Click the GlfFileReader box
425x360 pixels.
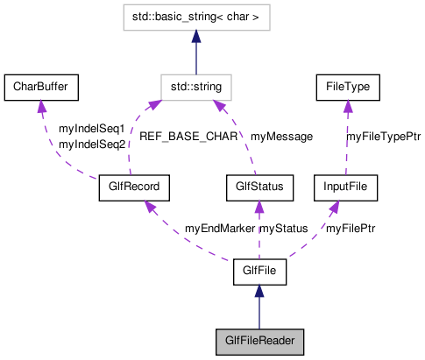259,341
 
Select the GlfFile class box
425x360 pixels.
259,272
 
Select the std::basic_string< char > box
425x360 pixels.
196,18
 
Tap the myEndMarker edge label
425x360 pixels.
219,229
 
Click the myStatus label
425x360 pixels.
284,229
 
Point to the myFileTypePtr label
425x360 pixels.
384,137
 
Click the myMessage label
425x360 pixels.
281,137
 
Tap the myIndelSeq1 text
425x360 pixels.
91,129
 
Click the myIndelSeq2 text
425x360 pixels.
91,144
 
